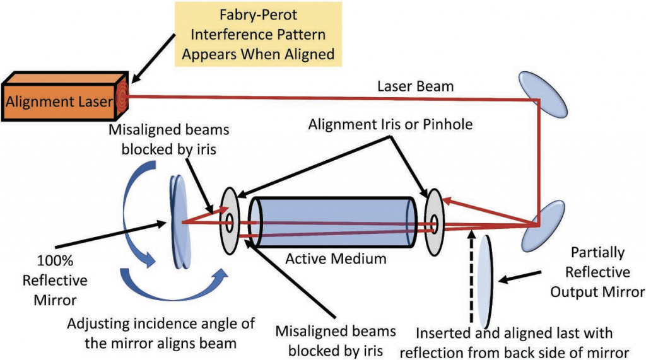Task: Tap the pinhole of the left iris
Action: pyautogui.click(x=230, y=221)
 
